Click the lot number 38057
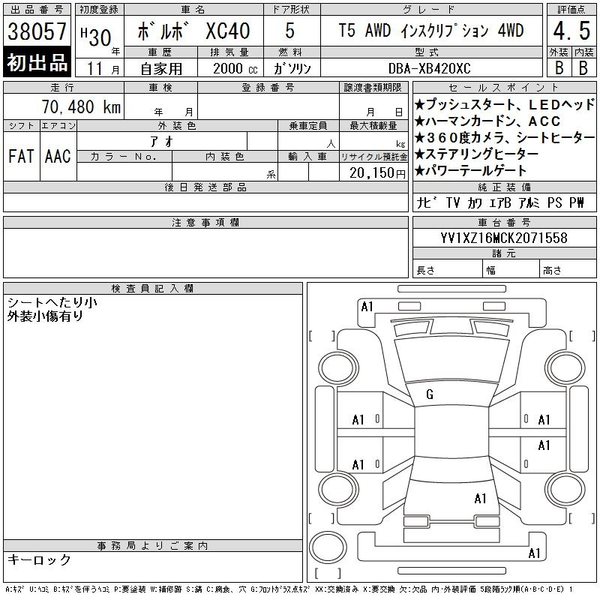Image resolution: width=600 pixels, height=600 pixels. [37, 31]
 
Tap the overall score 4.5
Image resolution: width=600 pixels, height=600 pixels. [571, 31]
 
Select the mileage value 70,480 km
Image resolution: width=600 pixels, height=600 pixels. [81, 106]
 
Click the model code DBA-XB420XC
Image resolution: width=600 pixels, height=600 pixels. [429, 68]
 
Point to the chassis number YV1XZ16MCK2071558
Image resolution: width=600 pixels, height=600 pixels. [504, 238]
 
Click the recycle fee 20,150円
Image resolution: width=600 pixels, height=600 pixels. [377, 173]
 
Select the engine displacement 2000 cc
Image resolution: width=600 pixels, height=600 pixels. [235, 68]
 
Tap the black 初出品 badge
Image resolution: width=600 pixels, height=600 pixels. [37, 62]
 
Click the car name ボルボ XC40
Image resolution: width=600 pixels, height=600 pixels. [193, 31]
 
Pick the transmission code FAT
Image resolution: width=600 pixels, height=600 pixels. [22, 156]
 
